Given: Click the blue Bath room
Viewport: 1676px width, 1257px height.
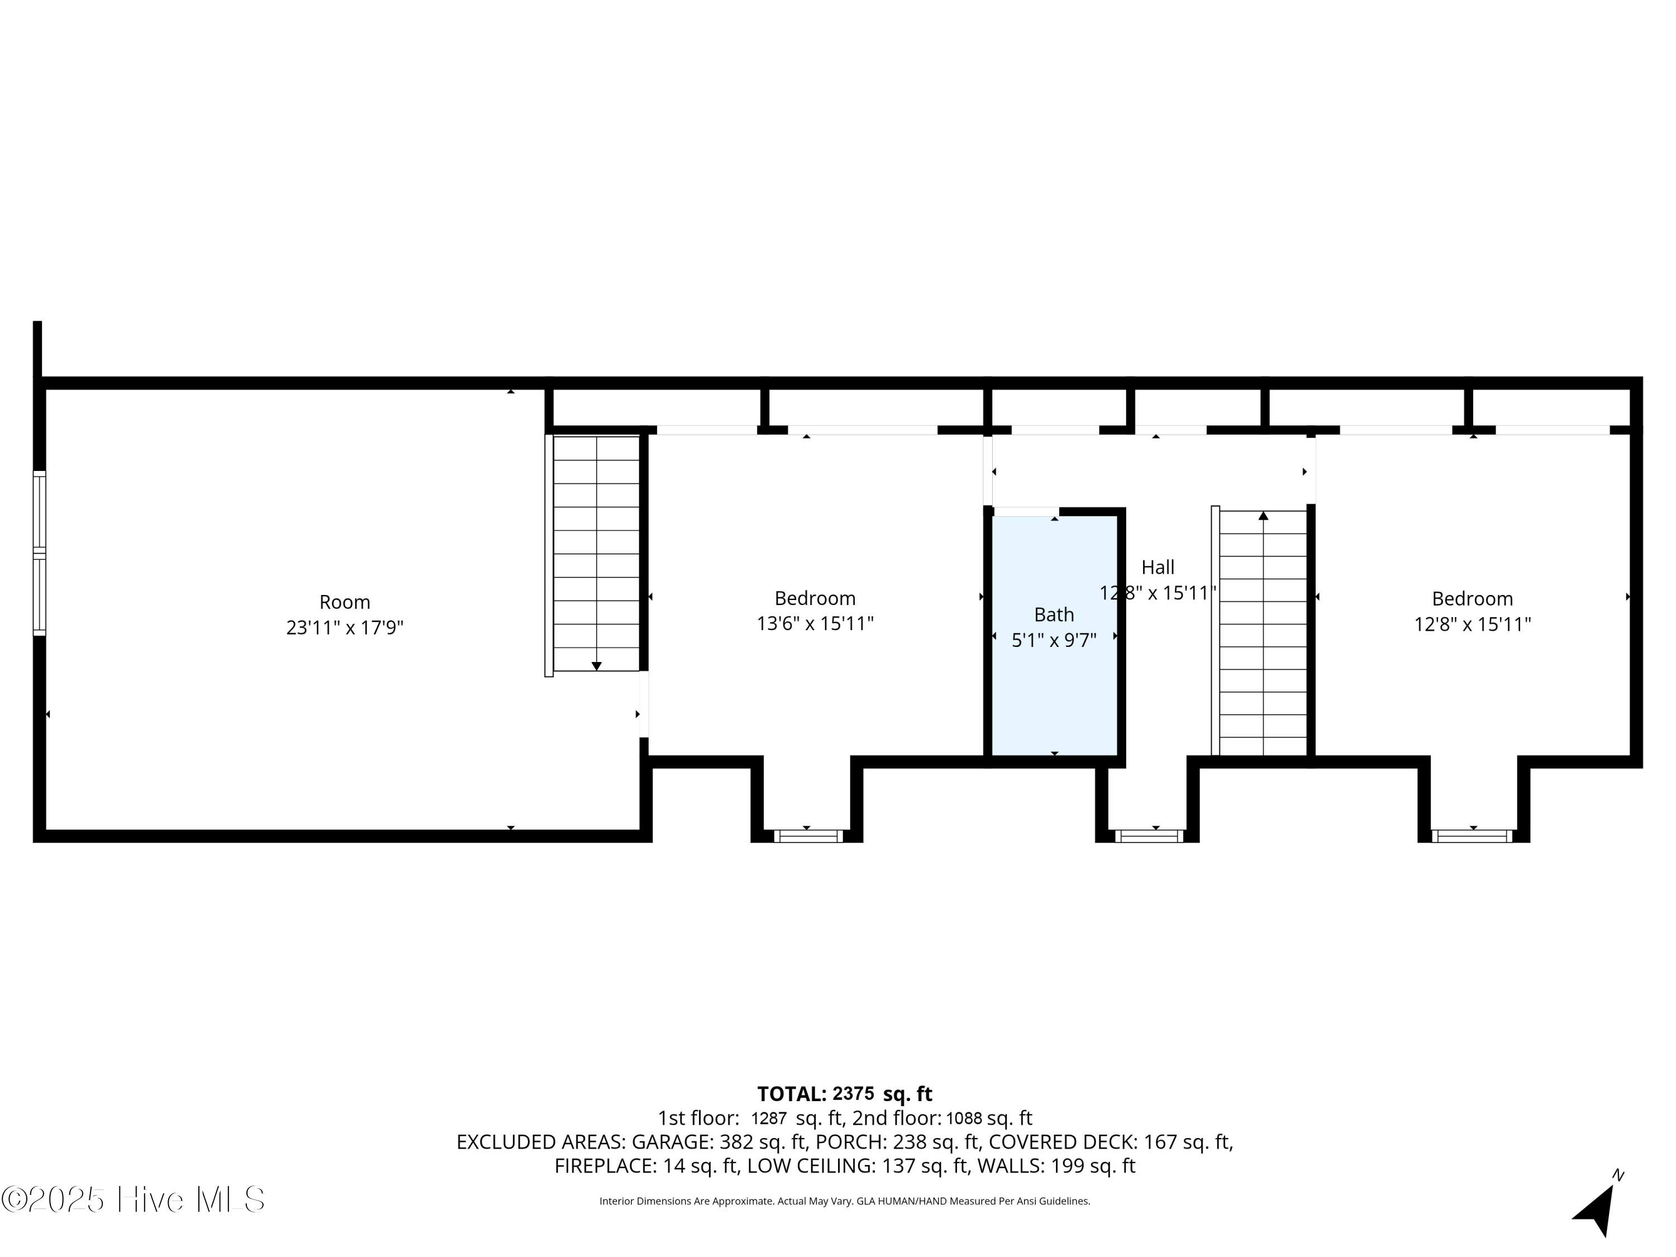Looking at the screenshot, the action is (1054, 636).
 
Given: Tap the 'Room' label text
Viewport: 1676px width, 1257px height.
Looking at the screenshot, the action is (345, 602).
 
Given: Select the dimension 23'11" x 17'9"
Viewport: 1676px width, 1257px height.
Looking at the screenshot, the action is (345, 628).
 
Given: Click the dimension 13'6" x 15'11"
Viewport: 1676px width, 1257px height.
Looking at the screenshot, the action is (815, 623).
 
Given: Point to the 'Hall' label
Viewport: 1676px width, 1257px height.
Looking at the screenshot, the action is (1158, 568).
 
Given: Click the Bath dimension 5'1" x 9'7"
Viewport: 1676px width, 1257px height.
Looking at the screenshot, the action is (1054, 640).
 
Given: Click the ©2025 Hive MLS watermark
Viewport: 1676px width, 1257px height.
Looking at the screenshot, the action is (134, 1200).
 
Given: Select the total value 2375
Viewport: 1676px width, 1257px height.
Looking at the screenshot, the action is (853, 1094).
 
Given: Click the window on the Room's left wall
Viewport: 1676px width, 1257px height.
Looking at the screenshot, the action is (40, 553).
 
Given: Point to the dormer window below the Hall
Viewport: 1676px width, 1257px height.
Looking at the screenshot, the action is (1149, 836).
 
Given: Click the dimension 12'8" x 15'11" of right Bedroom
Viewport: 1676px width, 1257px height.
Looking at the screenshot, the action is (1472, 625).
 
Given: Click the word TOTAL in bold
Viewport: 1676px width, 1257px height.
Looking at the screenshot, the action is (792, 1094).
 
